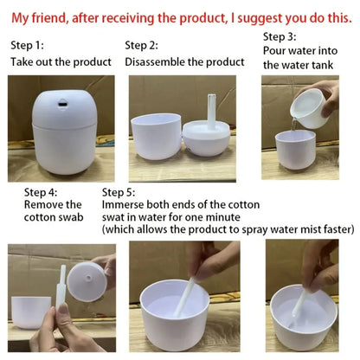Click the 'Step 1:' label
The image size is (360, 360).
(x=28, y=45)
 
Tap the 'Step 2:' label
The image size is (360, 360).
(x=142, y=45)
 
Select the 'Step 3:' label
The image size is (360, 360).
(x=280, y=36)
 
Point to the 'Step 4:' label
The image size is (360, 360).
(x=42, y=191)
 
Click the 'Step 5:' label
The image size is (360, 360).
(x=119, y=191)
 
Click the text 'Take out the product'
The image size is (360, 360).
(x=61, y=61)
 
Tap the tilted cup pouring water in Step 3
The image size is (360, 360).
(x=307, y=108)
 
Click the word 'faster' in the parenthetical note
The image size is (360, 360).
(x=332, y=229)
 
